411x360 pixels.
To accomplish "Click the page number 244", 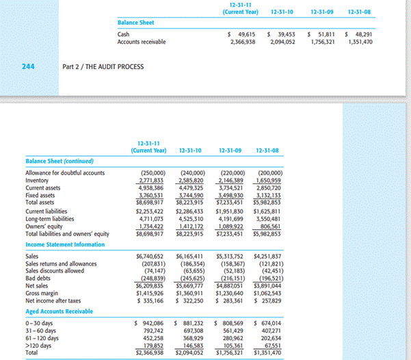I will [38, 66].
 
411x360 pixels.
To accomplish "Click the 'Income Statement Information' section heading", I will [65, 244].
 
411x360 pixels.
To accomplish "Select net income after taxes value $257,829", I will [267, 300].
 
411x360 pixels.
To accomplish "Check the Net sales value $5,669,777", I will [191, 286].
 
